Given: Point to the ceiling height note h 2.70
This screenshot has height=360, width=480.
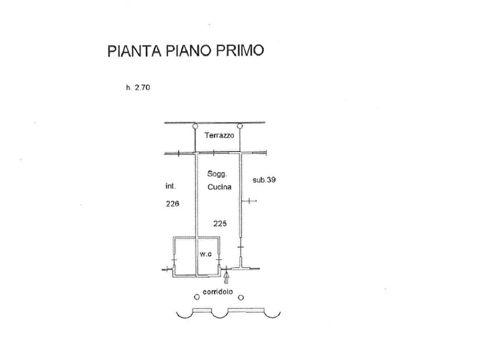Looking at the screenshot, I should (137, 88).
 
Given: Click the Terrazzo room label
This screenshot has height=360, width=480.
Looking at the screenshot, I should (219, 136).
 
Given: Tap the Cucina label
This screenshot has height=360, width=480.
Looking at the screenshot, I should (219, 187).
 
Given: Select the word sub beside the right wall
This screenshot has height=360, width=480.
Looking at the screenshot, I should (259, 181).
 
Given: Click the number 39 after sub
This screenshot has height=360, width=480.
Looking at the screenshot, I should (271, 181).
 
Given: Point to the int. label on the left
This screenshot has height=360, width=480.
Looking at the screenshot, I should (170, 186).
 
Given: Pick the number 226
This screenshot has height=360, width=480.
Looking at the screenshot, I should (172, 204).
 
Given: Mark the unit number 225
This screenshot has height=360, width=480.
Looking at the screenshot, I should (220, 223).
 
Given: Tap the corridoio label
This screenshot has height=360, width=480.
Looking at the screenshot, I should (218, 292).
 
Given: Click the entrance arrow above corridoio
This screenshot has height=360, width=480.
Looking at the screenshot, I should (226, 278).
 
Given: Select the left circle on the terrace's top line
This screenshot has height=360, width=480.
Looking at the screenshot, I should (194, 126).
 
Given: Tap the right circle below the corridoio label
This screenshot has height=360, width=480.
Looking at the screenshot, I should (241, 297).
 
